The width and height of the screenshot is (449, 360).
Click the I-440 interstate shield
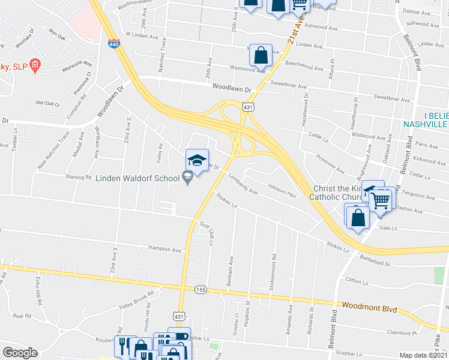pos(114,43)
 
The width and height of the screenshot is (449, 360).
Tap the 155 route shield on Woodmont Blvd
pos(200,290)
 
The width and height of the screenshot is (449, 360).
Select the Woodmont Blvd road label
pos(369,306)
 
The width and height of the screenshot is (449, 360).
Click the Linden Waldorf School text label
pos(138,178)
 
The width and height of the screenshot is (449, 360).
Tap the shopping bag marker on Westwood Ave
pos(261,55)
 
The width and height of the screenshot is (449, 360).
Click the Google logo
pos(20,353)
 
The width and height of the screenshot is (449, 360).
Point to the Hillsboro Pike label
pos(282,191)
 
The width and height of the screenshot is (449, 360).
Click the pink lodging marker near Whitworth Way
pos(35,65)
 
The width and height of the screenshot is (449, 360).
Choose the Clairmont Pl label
pos(402,332)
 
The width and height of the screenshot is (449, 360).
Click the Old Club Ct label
pos(49,103)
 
